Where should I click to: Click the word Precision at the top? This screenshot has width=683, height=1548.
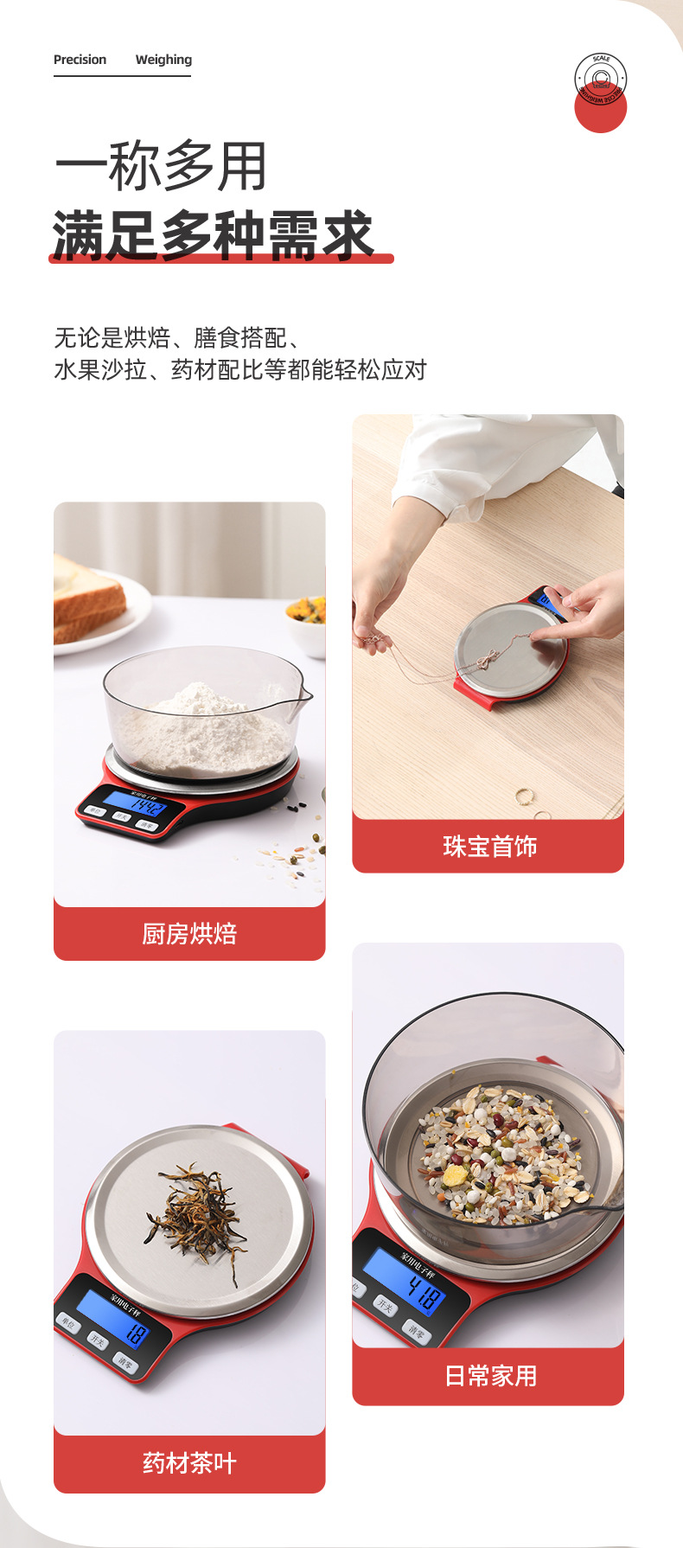coord(80,60)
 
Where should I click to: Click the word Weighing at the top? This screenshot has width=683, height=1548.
coord(163,60)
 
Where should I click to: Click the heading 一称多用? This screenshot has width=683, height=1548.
coord(161,166)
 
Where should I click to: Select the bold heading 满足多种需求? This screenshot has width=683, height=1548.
coord(213,235)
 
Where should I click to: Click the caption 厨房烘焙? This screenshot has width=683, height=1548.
coord(189,934)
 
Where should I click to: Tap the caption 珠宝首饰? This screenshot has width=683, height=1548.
coord(489,846)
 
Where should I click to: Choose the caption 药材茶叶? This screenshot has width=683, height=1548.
coord(189,1462)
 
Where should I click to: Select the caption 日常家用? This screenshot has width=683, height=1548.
coord(490,1375)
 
